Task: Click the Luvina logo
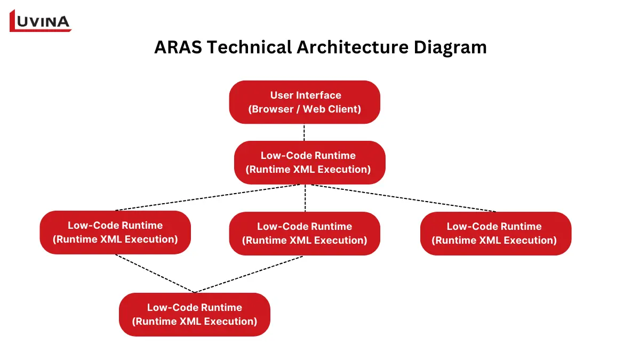41,21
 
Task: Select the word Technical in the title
247,47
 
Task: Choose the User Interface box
305,102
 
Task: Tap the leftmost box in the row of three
115,232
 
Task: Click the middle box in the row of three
305,233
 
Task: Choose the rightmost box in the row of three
495,233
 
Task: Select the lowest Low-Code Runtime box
195,314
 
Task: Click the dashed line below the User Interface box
305,132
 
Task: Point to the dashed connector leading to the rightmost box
405,198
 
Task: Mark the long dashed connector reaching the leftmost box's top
208,198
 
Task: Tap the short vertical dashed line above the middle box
305,198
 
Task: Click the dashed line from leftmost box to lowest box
155,274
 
